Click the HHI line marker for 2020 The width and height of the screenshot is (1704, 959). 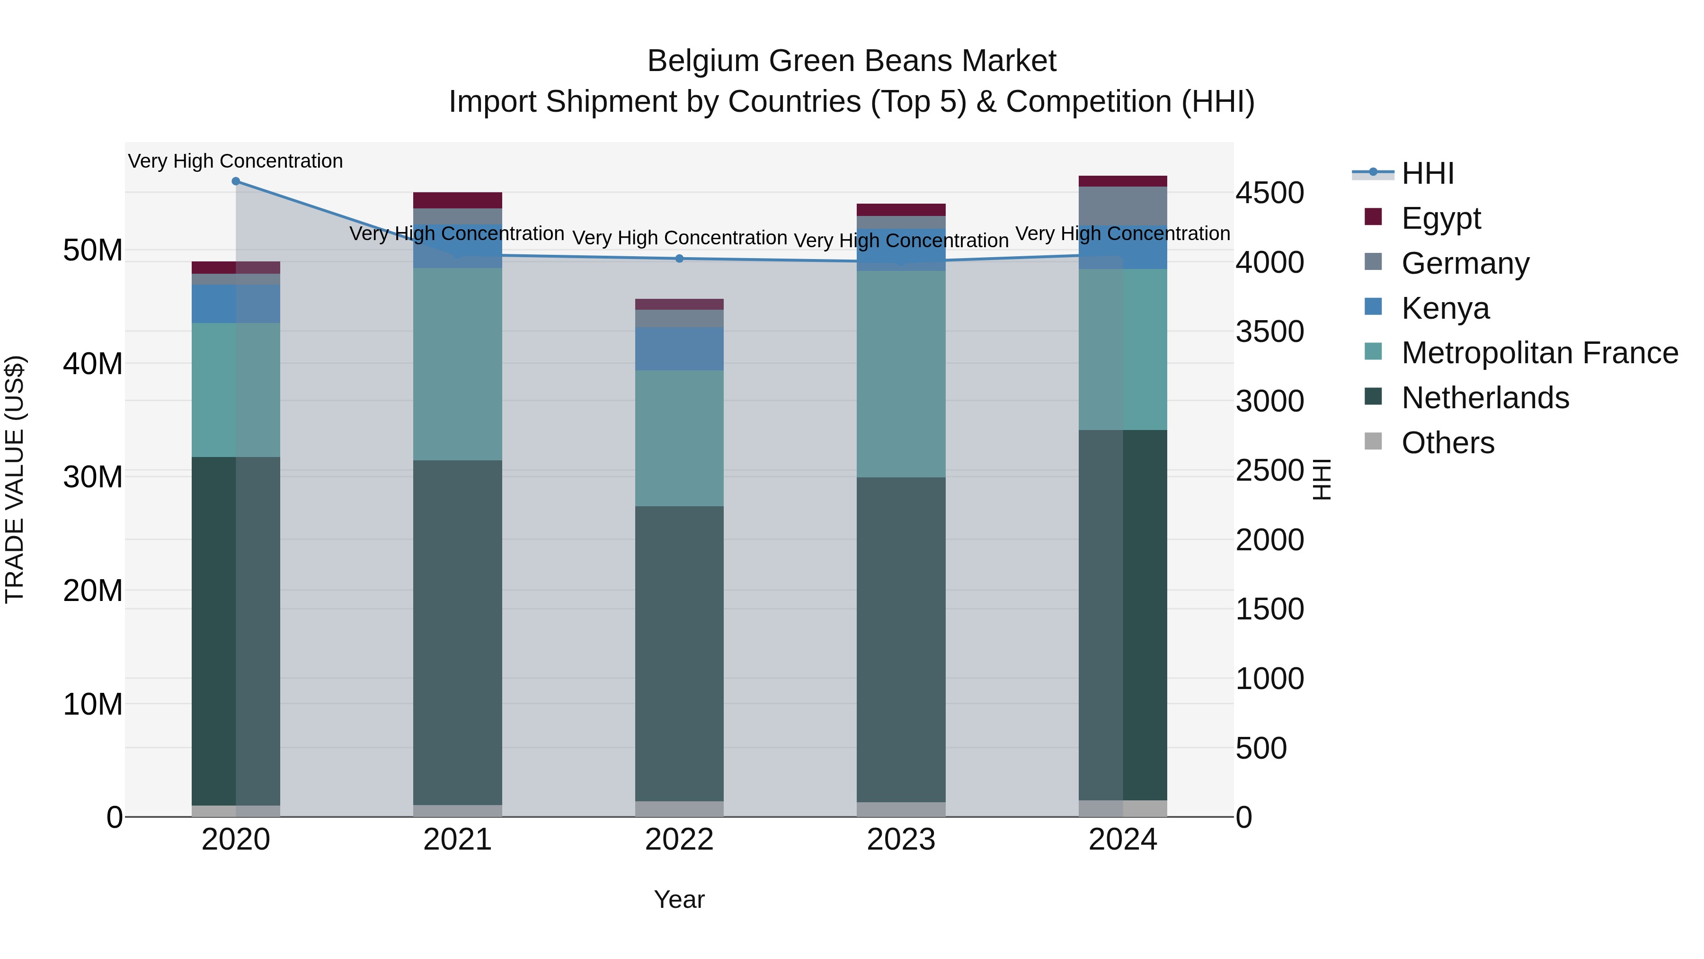point(236,181)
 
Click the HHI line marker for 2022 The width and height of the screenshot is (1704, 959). point(679,259)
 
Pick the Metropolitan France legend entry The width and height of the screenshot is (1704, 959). point(1539,353)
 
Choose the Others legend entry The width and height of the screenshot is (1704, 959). point(1447,443)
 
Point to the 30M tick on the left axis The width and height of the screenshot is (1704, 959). point(93,476)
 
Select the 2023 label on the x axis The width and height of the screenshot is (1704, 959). point(901,840)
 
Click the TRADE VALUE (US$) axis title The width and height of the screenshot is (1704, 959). point(15,479)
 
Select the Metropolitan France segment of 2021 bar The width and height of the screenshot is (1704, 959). point(458,364)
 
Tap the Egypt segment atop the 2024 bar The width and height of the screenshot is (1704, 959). point(1123,181)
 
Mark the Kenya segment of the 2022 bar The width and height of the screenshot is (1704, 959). point(679,349)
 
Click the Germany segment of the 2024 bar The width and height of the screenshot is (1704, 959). point(1123,206)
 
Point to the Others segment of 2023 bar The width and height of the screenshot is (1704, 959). point(901,809)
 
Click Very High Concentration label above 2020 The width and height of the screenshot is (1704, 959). point(236,161)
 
